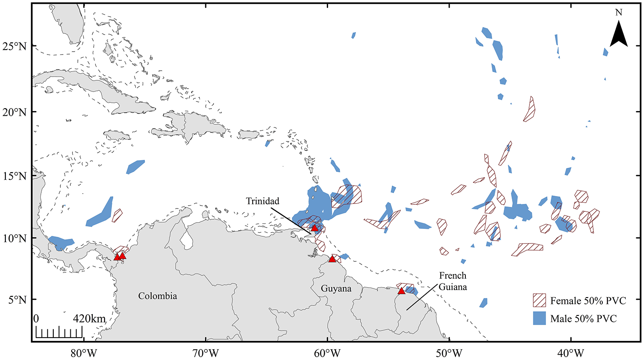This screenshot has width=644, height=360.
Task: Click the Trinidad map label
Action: click(x=262, y=201)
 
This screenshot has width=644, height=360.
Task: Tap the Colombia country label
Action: click(x=157, y=296)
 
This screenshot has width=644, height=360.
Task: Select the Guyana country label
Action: click(x=336, y=288)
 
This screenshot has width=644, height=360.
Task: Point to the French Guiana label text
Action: click(x=453, y=281)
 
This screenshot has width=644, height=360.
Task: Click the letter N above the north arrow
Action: click(x=619, y=12)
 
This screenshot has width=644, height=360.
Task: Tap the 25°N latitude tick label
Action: click(x=15, y=45)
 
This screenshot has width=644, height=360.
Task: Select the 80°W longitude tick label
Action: click(x=84, y=353)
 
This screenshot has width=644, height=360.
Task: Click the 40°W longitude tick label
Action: click(x=571, y=353)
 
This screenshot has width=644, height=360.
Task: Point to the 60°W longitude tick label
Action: click(x=328, y=353)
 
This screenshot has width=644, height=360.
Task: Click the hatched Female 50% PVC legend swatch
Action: click(x=540, y=300)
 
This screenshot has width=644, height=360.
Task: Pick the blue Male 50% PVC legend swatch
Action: click(x=540, y=318)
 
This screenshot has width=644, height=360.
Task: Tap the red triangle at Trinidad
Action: click(x=315, y=228)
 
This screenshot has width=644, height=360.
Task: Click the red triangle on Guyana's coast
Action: click(x=332, y=259)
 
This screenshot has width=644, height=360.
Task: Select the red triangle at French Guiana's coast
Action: click(x=401, y=291)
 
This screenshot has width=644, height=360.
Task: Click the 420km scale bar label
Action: click(x=90, y=319)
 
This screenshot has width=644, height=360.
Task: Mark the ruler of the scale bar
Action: click(x=59, y=333)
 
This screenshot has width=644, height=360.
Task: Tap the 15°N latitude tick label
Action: click(x=15, y=176)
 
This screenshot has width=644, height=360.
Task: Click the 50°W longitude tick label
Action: click(x=450, y=353)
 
